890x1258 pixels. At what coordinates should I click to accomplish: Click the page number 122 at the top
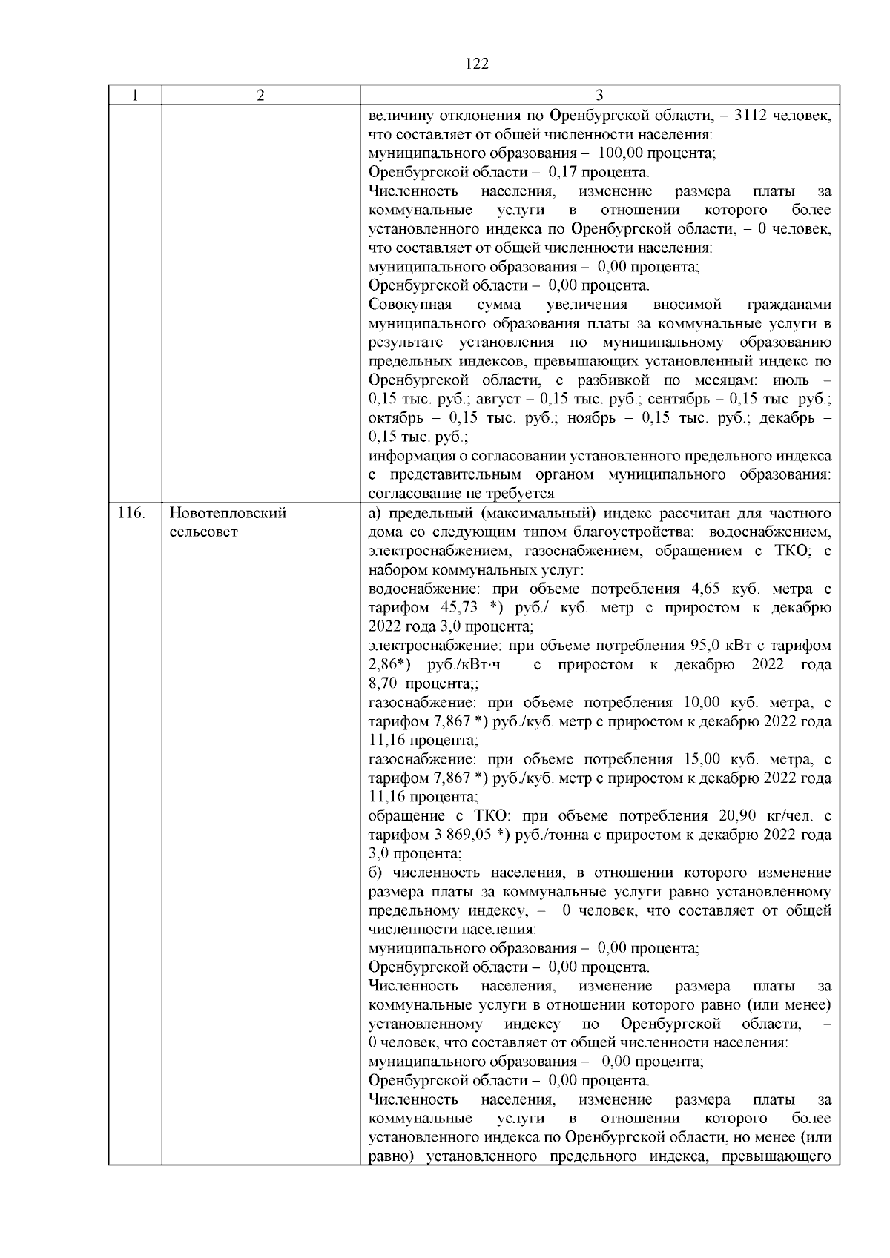click(478, 64)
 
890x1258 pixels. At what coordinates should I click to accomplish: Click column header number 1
click(134, 96)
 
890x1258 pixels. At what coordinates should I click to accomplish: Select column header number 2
click(260, 96)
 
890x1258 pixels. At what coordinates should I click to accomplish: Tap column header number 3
click(599, 96)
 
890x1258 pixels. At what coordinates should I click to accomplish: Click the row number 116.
click(131, 513)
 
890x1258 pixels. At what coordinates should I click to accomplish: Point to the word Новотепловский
click(228, 513)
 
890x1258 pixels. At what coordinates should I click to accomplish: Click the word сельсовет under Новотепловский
click(203, 532)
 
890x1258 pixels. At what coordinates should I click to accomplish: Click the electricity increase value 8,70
click(383, 683)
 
